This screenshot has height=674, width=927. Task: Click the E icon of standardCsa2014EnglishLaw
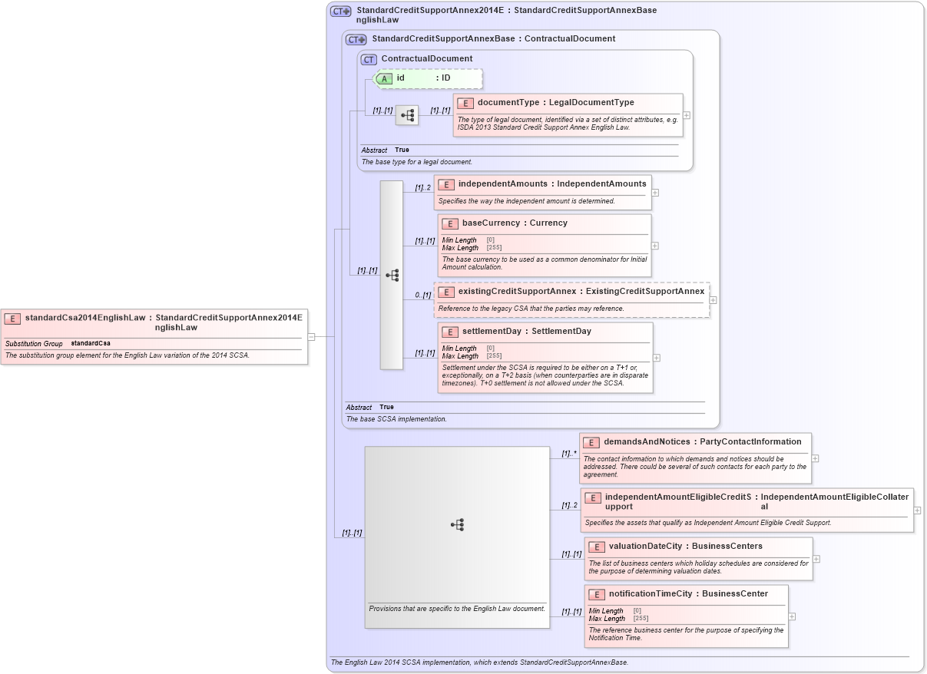13,318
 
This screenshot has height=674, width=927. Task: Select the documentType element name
508,103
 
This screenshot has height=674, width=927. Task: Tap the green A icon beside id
386,78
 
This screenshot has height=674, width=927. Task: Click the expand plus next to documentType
686,115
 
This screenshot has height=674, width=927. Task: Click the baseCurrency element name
494,223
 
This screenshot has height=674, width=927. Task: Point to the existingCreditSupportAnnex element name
517,292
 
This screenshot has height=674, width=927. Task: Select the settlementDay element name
495,332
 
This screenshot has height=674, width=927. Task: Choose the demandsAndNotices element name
647,442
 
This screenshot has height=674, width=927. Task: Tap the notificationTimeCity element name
650,593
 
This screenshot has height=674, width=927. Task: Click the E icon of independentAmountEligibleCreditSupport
592,497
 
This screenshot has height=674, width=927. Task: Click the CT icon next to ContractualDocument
369,59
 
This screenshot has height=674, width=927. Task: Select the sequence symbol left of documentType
407,115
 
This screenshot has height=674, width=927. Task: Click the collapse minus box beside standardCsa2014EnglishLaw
311,336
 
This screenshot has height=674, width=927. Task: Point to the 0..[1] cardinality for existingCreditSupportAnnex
422,295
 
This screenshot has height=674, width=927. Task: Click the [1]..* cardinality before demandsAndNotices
568,453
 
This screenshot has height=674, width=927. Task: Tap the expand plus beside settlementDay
656,358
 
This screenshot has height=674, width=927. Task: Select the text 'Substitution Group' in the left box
34,344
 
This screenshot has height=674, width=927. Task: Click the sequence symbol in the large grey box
457,525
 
